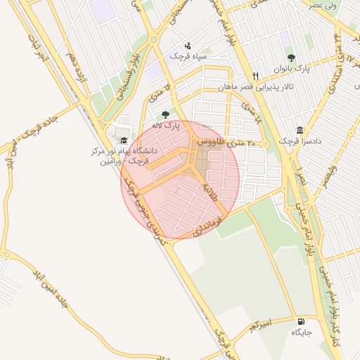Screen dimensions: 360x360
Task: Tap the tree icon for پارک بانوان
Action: (291, 58)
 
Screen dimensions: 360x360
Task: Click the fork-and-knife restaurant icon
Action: (256, 77)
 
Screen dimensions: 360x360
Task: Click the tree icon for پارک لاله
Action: (166, 115)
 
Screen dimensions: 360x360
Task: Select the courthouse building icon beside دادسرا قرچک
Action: (300, 131)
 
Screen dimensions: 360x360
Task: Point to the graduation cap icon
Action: (124, 141)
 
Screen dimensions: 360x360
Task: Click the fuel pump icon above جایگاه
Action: (301, 321)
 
